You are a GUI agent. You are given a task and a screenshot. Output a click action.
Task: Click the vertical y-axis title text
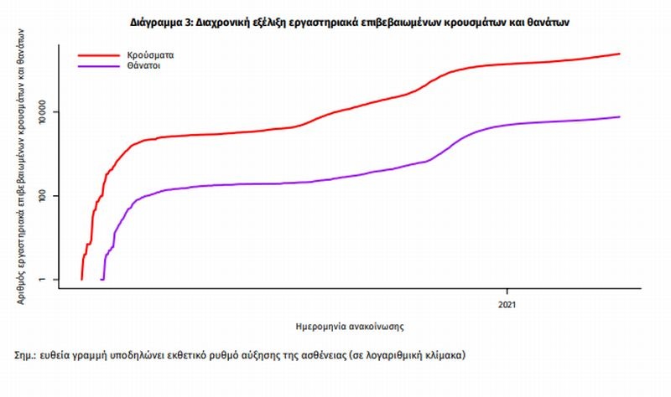22,168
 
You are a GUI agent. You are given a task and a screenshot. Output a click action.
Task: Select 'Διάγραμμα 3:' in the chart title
161,22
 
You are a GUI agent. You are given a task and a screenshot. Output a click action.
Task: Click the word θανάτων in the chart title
548,22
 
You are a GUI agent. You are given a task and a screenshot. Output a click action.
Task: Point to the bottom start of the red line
81,279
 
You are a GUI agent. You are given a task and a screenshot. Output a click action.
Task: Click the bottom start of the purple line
102,279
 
